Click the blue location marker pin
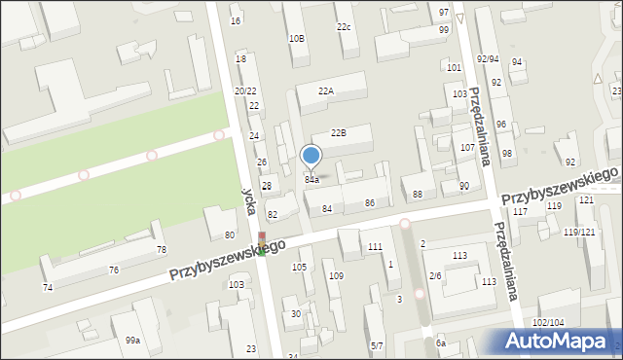pyautogui.click(x=311, y=157)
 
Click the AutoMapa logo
pyautogui.click(x=558, y=340)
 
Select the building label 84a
pyautogui.click(x=311, y=180)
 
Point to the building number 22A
pyautogui.click(x=326, y=90)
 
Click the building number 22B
pyautogui.click(x=338, y=132)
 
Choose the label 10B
pyautogui.click(x=297, y=38)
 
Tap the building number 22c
pyautogui.click(x=344, y=26)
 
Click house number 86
pyautogui.click(x=369, y=202)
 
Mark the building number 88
pyautogui.click(x=418, y=195)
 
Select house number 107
pyautogui.click(x=466, y=148)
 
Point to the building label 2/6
pyautogui.click(x=435, y=276)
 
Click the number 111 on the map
pyautogui.click(x=375, y=247)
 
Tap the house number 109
pyautogui.click(x=336, y=276)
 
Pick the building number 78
pyautogui.click(x=161, y=250)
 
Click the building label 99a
pyautogui.click(x=132, y=340)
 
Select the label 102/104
pyautogui.click(x=548, y=322)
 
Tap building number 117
pyautogui.click(x=520, y=211)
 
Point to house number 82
pyautogui.click(x=273, y=214)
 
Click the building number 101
pyautogui.click(x=453, y=68)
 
